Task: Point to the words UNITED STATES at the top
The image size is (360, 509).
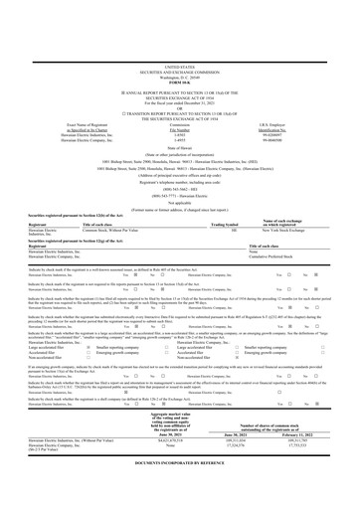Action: pos(180,9)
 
